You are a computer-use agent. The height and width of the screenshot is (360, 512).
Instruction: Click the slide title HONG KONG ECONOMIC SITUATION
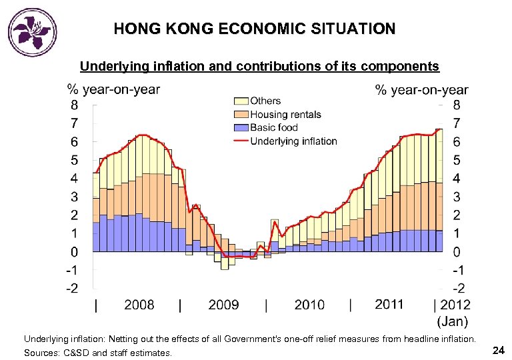tap(254, 29)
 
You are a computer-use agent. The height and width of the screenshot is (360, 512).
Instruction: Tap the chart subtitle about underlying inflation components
tap(259, 66)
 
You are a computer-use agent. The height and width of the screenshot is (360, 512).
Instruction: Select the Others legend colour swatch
tap(240, 101)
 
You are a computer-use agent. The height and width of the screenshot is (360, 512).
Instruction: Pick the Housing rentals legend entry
tap(285, 115)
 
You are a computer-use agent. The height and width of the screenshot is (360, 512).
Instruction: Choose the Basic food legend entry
tap(273, 127)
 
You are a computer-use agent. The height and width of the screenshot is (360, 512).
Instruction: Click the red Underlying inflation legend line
tap(240, 141)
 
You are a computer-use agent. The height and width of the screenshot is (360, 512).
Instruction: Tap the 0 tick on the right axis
tap(457, 252)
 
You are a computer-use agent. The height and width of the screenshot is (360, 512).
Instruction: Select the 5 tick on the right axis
tap(457, 160)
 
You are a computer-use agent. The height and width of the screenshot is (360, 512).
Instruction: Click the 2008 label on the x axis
tap(139, 305)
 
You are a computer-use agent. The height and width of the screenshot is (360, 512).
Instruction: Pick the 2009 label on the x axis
tap(223, 305)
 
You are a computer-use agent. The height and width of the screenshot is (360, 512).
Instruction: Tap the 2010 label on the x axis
tap(309, 305)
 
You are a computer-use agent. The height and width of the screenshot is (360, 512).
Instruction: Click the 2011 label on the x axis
tap(389, 305)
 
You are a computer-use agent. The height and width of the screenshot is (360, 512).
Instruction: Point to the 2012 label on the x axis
tap(455, 305)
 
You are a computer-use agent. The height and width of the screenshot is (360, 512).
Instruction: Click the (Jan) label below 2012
tap(453, 321)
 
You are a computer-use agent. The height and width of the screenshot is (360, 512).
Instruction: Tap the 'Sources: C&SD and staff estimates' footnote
tap(98, 353)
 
